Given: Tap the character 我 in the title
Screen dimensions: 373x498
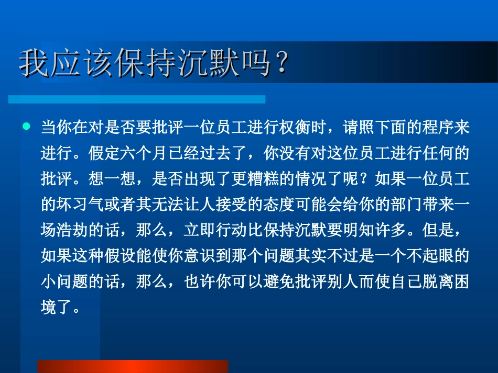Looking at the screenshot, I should [x=32, y=64].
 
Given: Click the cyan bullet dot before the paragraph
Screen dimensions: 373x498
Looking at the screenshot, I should [x=26, y=127].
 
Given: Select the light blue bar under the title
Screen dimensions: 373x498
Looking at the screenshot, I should [x=136, y=99].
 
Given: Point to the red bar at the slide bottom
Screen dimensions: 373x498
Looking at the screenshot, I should [x=133, y=366].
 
